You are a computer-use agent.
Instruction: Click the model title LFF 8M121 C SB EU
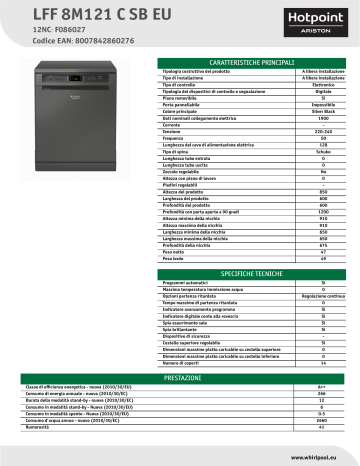coord(71,12)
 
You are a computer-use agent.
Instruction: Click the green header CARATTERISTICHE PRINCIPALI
coord(255,62)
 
